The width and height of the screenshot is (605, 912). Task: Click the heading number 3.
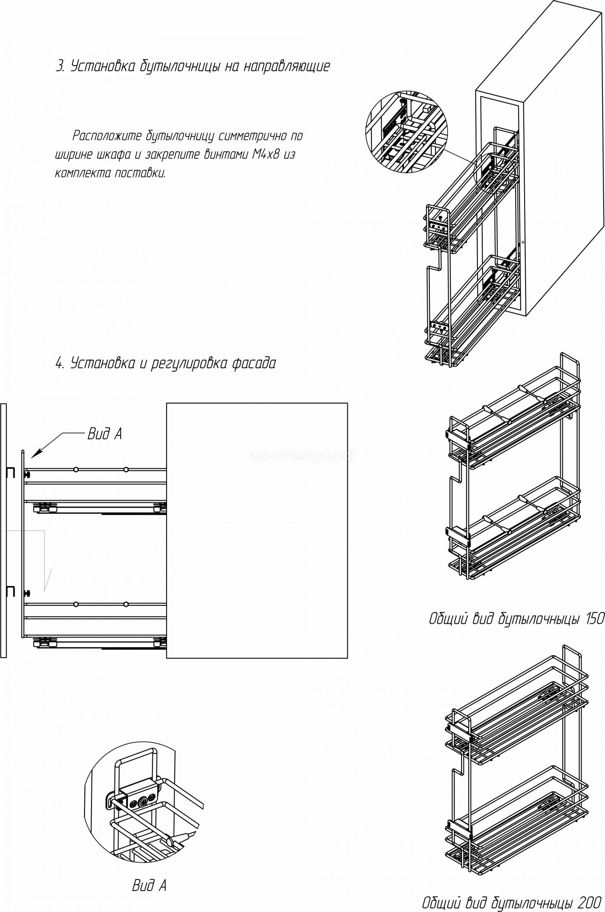[x=60, y=66]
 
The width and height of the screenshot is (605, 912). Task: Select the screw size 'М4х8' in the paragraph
[x=266, y=155]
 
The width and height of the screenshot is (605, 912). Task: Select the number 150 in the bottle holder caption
[x=594, y=619]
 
